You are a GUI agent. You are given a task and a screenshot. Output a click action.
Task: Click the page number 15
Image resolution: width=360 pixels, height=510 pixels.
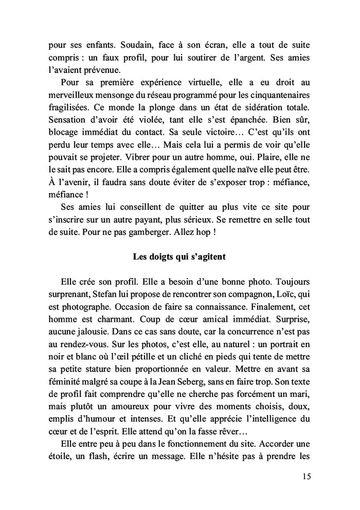[307, 476]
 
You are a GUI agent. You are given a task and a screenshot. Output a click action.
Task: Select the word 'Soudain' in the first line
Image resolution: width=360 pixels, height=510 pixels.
[116, 45]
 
